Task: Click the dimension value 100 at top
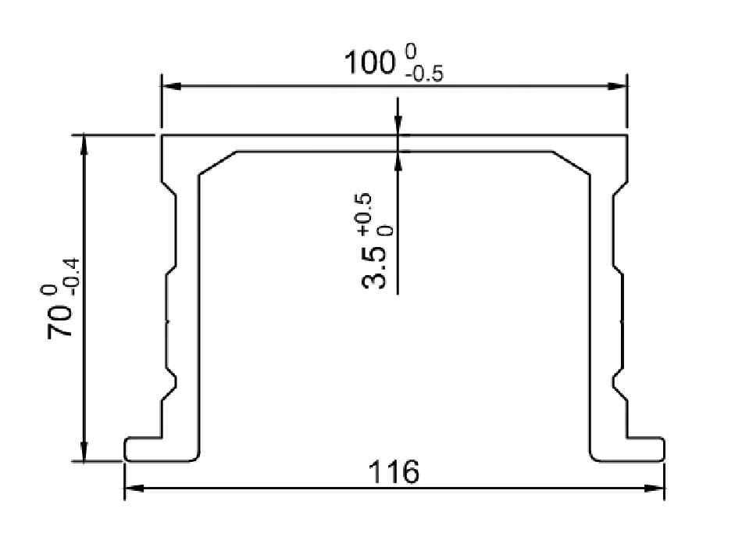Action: tap(369, 63)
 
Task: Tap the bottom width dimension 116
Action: tap(394, 471)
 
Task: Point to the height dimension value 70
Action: tap(59, 321)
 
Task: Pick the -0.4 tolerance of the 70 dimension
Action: tap(74, 277)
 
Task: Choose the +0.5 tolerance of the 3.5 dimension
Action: tap(365, 214)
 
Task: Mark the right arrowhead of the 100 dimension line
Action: tap(617, 86)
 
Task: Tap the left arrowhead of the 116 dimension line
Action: tap(134, 489)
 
